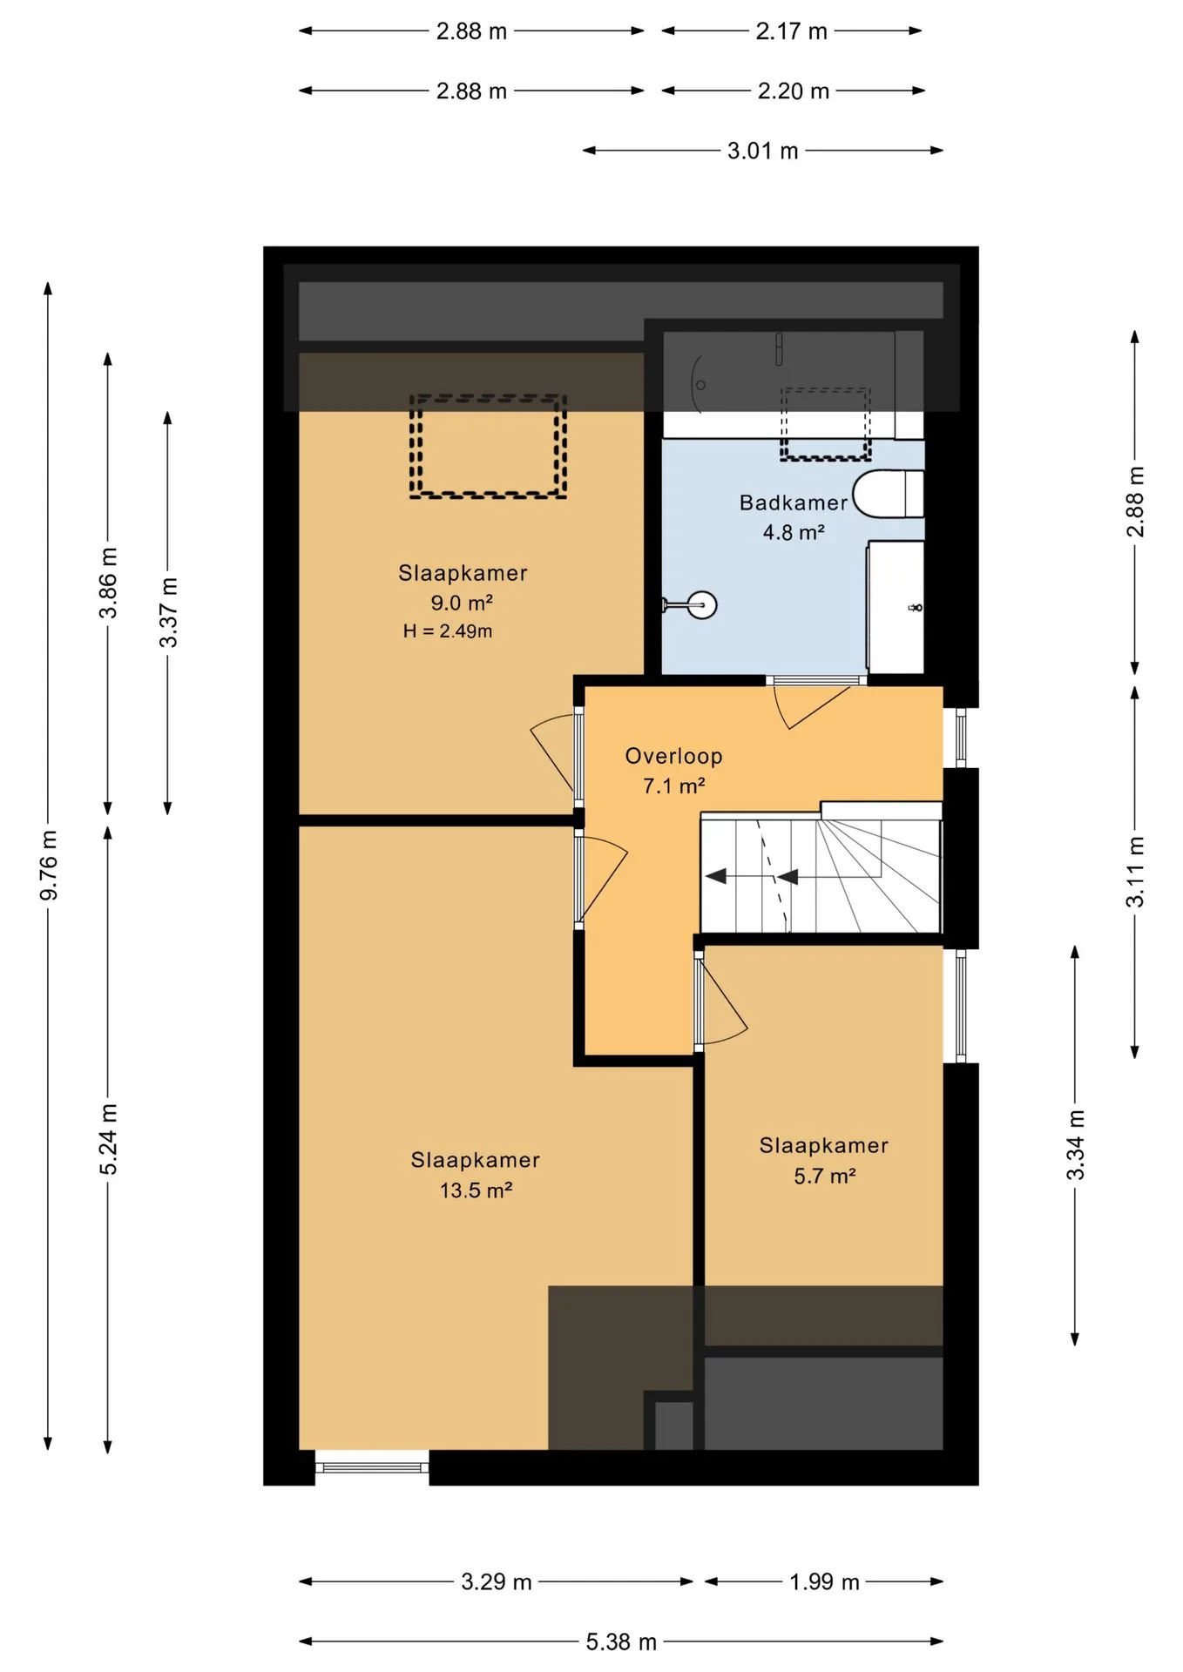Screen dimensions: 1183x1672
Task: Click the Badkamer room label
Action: [x=793, y=502]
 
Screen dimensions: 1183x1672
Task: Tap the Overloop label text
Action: [x=673, y=757]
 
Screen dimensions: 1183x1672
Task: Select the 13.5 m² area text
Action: [x=476, y=1190]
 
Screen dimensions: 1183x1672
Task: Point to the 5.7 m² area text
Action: [x=824, y=1176]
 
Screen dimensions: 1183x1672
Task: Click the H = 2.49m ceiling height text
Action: [x=448, y=631]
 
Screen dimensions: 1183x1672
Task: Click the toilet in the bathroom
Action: [x=888, y=494]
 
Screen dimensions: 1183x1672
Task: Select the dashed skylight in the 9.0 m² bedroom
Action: [x=488, y=446]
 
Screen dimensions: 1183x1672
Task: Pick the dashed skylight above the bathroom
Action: [x=825, y=424]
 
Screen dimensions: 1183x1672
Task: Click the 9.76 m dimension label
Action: [x=49, y=865]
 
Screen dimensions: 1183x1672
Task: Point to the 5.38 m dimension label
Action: [x=621, y=1642]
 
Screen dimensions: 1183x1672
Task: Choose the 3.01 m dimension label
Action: [x=763, y=151]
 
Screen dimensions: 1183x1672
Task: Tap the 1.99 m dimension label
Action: [x=824, y=1581]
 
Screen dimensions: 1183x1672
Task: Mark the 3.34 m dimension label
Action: [x=1076, y=1145]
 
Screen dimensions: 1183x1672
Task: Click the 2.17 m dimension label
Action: [x=791, y=31]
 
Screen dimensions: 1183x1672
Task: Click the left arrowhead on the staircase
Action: [x=716, y=876]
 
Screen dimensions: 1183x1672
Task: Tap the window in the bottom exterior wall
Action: [x=372, y=1467]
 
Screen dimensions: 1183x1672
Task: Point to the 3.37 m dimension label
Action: [x=169, y=612]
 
